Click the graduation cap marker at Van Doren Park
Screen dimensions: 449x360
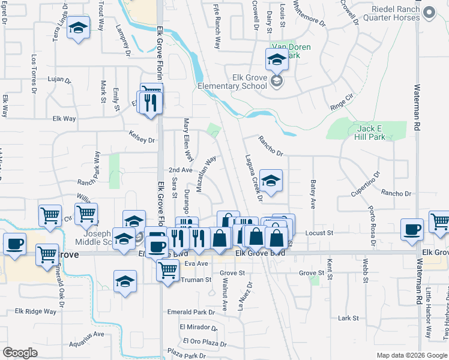(x=277, y=61)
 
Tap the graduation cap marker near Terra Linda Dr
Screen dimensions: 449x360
(x=77, y=29)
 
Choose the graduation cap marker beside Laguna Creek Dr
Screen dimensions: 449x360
(x=271, y=182)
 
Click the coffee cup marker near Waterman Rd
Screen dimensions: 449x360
(x=412, y=230)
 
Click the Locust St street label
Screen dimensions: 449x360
(x=319, y=233)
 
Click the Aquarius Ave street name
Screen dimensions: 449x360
(x=87, y=334)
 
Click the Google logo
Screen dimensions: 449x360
(x=20, y=353)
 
